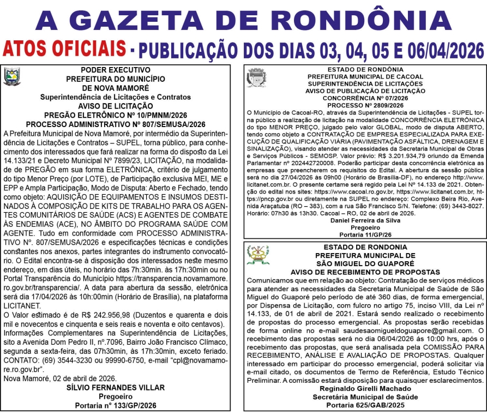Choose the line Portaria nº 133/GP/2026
115,406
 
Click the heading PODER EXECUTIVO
115,70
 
